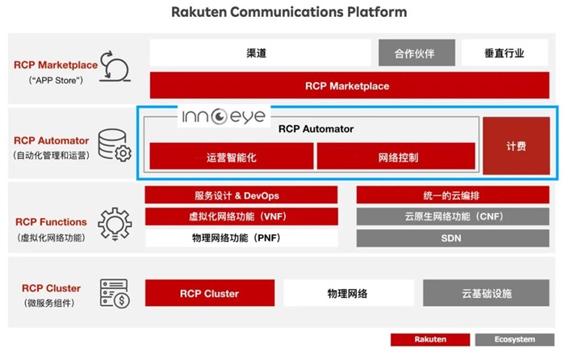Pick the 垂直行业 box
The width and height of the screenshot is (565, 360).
pos(504,53)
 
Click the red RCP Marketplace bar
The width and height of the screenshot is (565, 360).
pos(347,86)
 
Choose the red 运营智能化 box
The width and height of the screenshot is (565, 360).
pos(231,157)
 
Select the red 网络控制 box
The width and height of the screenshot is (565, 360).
pos(395,157)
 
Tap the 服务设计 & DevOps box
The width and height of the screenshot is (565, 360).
pos(241,195)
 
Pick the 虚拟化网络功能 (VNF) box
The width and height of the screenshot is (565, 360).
pos(241,216)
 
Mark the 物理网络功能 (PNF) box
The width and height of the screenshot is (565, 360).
pos(241,238)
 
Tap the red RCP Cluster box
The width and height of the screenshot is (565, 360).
pos(209,294)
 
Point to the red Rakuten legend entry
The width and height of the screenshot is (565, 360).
pos(430,339)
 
